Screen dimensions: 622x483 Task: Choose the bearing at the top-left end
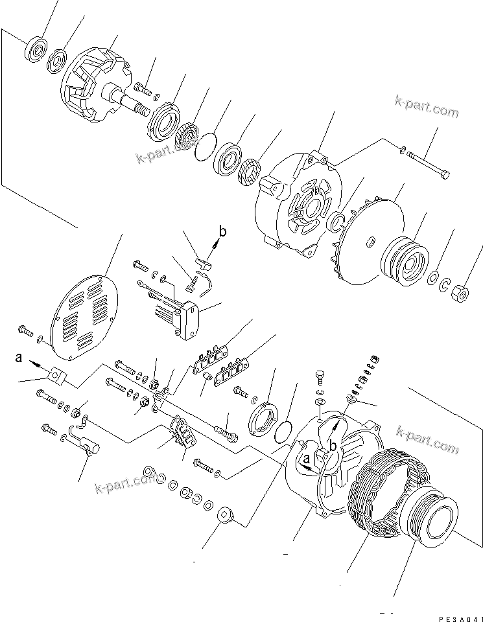click(36, 49)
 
